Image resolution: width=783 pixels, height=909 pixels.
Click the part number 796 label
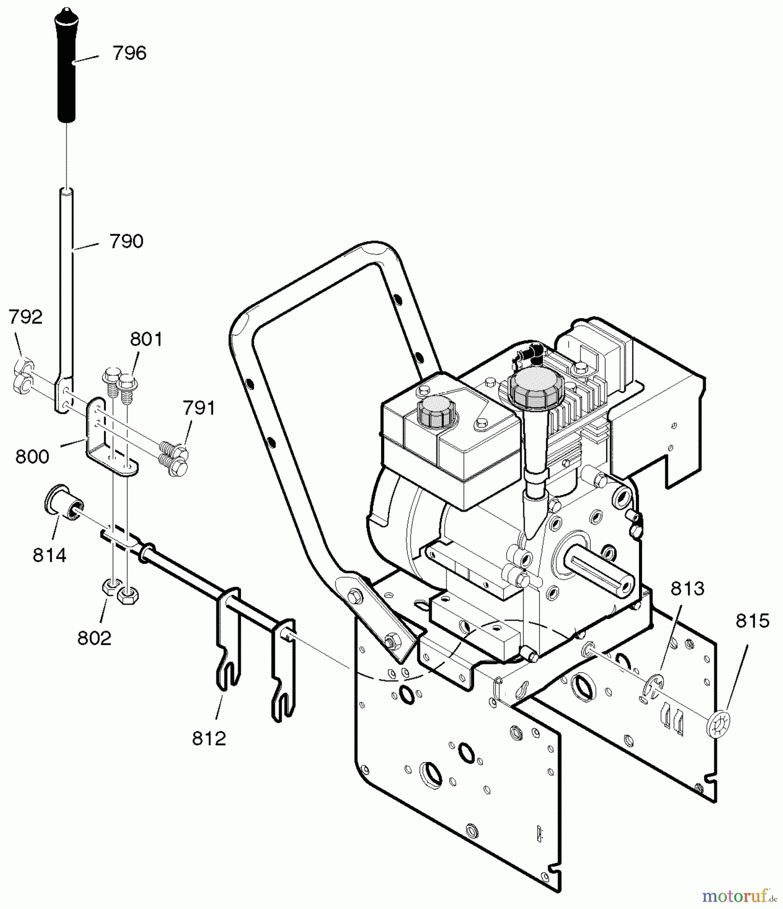coord(129,53)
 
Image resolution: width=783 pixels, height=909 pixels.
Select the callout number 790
coord(126,241)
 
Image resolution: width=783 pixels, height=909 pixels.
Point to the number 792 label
coord(25,317)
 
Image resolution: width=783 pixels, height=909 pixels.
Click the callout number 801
coord(146,339)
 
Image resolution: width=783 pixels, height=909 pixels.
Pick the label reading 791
coord(199,408)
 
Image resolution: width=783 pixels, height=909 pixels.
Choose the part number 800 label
coord(32,457)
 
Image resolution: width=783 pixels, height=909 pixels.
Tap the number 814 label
coord(50,555)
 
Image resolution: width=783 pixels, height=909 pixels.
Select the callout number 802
coord(94,638)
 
